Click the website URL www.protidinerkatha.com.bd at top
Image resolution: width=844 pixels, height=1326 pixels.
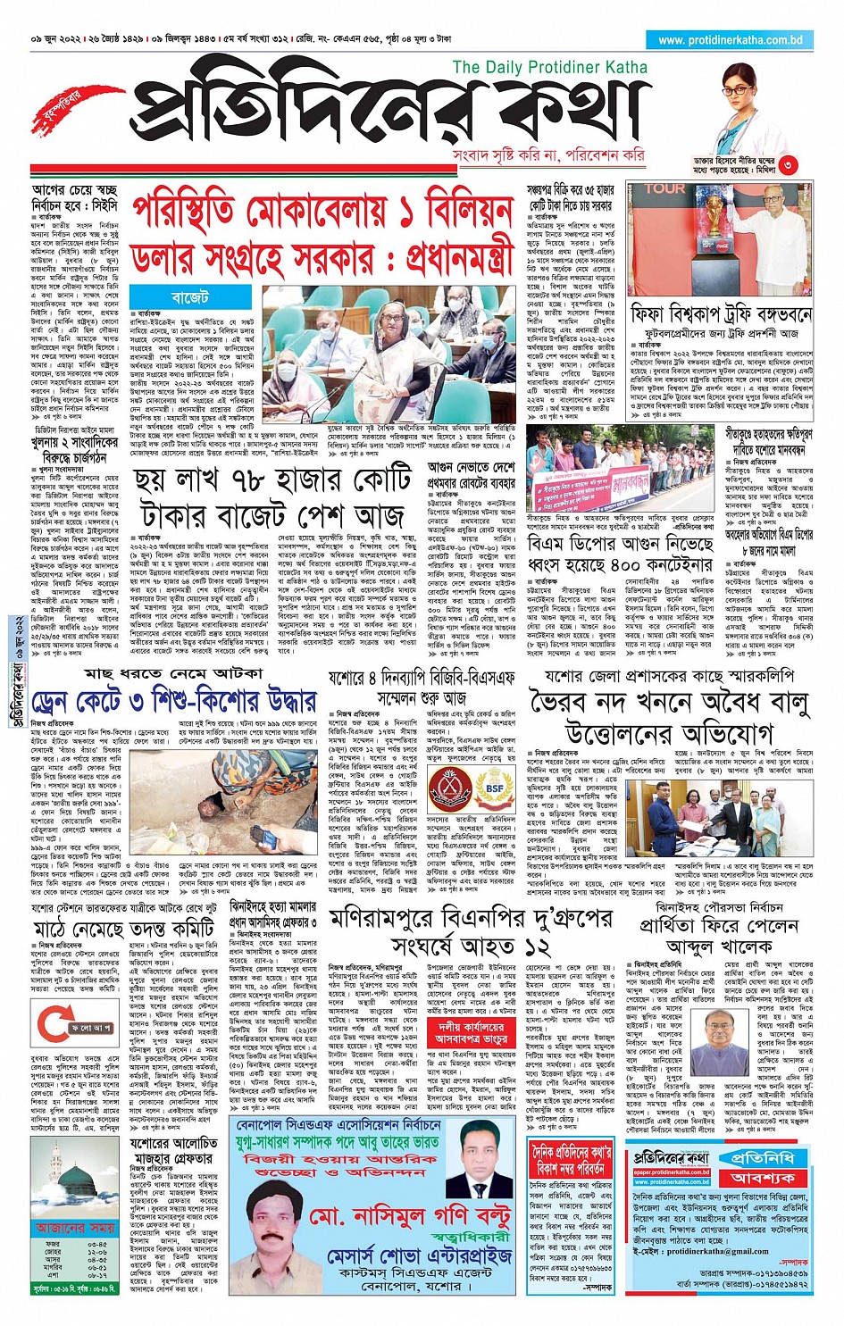pyautogui.click(x=730, y=40)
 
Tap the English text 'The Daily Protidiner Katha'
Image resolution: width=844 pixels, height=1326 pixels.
pyautogui.click(x=549, y=67)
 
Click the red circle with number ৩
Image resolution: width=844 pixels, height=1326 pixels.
pyautogui.click(x=787, y=164)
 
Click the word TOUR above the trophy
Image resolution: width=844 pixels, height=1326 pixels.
pyautogui.click(x=665, y=189)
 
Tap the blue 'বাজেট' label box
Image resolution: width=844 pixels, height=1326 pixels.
pyautogui.click(x=189, y=296)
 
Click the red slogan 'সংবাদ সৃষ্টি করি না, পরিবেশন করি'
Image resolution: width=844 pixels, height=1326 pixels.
pyautogui.click(x=548, y=155)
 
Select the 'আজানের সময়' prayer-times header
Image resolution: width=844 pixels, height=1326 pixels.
pyautogui.click(x=76, y=1228)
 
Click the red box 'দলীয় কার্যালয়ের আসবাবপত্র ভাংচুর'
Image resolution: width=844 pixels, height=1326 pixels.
pyautogui.click(x=472, y=1033)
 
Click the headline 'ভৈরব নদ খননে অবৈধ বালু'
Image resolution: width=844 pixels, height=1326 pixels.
pyautogui.click(x=669, y=703)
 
